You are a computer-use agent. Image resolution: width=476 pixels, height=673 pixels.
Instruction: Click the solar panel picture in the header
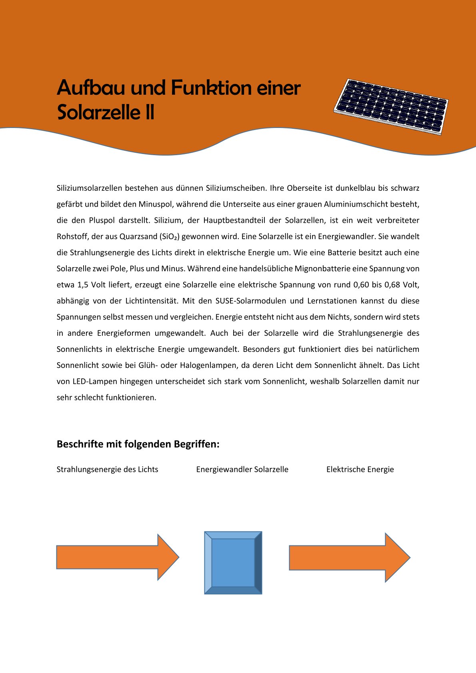pyautogui.click(x=391, y=107)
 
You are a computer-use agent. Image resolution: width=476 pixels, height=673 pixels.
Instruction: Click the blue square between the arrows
pyautogui.click(x=233, y=563)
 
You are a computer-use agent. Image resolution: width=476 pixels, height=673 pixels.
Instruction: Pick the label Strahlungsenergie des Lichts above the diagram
pyautogui.click(x=107, y=469)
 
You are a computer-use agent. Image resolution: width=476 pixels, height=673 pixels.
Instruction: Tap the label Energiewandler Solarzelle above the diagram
pyautogui.click(x=242, y=469)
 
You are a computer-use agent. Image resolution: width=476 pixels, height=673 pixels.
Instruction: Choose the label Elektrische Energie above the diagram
pyautogui.click(x=360, y=469)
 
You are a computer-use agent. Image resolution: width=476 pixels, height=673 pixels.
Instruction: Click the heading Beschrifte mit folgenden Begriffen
pyautogui.click(x=138, y=444)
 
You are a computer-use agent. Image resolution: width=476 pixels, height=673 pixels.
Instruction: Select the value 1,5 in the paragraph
pyautogui.click(x=82, y=285)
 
